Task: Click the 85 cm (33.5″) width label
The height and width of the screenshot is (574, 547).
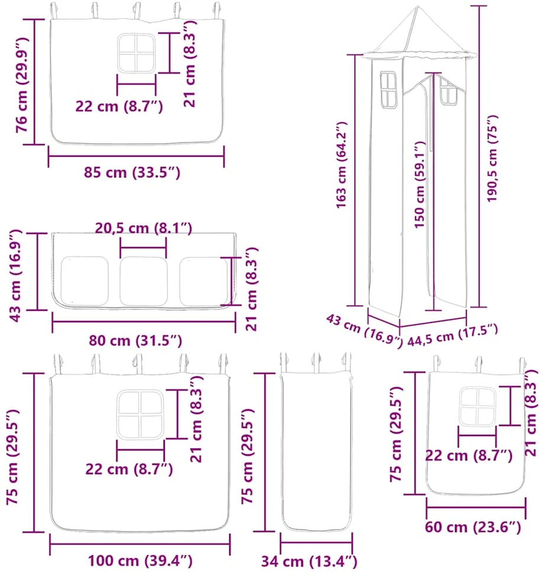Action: click(x=132, y=173)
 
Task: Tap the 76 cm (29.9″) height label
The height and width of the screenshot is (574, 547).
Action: click(x=22, y=85)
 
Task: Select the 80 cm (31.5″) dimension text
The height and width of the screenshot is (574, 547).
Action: click(x=135, y=341)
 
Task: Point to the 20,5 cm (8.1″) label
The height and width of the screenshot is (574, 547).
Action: click(x=144, y=228)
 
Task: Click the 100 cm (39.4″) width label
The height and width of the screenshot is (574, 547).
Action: click(x=140, y=560)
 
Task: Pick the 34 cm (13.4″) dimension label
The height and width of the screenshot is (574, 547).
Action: click(x=309, y=561)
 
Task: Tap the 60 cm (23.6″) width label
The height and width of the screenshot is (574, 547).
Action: click(x=472, y=527)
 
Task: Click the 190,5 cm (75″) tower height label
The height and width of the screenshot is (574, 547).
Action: click(x=492, y=158)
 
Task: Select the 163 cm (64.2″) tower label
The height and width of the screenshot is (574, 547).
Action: click(x=341, y=165)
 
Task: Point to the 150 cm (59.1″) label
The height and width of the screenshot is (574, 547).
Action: click(x=420, y=185)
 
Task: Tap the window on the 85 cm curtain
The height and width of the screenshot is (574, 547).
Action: click(x=136, y=53)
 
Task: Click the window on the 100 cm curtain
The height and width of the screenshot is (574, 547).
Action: click(x=140, y=414)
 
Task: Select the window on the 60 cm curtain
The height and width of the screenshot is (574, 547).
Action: click(x=477, y=406)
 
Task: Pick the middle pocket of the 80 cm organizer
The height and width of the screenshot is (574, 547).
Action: click(x=144, y=281)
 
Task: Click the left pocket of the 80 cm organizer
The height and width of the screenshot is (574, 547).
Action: click(x=85, y=281)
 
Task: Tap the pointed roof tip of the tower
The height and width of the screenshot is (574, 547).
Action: click(x=417, y=6)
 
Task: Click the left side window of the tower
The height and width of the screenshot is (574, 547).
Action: click(x=389, y=90)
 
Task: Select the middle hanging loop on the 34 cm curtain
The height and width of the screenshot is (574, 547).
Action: click(x=316, y=362)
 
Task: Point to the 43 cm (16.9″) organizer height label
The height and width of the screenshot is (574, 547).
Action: click(x=15, y=275)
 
